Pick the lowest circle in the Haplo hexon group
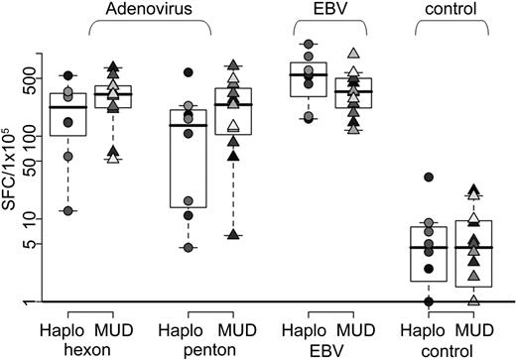(x=68, y=210)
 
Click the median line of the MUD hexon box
(x=113, y=94)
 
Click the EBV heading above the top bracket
(x=330, y=9)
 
